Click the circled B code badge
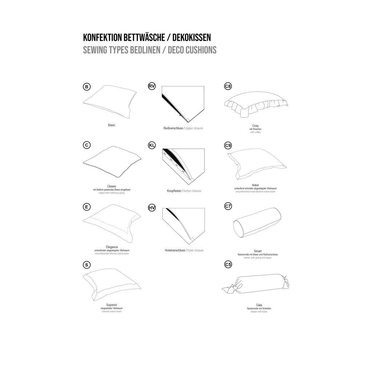click(86, 86)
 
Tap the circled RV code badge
click(152, 86)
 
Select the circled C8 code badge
click(228, 86)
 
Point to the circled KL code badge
click(152, 145)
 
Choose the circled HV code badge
click(152, 207)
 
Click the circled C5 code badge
click(228, 265)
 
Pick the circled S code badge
click(86, 265)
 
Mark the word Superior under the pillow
click(112, 305)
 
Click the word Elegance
click(112, 247)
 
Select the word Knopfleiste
click(174, 191)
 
